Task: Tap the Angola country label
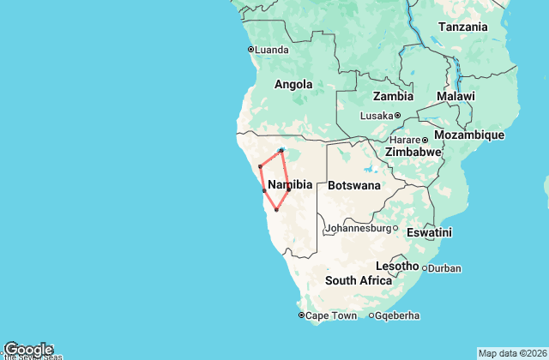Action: pyautogui.click(x=293, y=84)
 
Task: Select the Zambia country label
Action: pyautogui.click(x=393, y=96)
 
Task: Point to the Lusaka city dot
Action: pyautogui.click(x=398, y=116)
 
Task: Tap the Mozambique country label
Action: pyautogui.click(x=468, y=135)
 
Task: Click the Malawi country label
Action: pyautogui.click(x=455, y=97)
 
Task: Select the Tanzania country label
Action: pyautogui.click(x=463, y=27)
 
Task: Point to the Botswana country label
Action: pyautogui.click(x=354, y=184)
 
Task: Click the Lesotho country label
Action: pyautogui.click(x=397, y=266)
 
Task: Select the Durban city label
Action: pyautogui.click(x=444, y=268)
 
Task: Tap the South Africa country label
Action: pyautogui.click(x=359, y=280)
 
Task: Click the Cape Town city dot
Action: pyautogui.click(x=301, y=315)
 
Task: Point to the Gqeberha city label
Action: pyautogui.click(x=399, y=315)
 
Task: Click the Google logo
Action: pyautogui.click(x=27, y=349)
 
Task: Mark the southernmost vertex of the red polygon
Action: pyautogui.click(x=276, y=210)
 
